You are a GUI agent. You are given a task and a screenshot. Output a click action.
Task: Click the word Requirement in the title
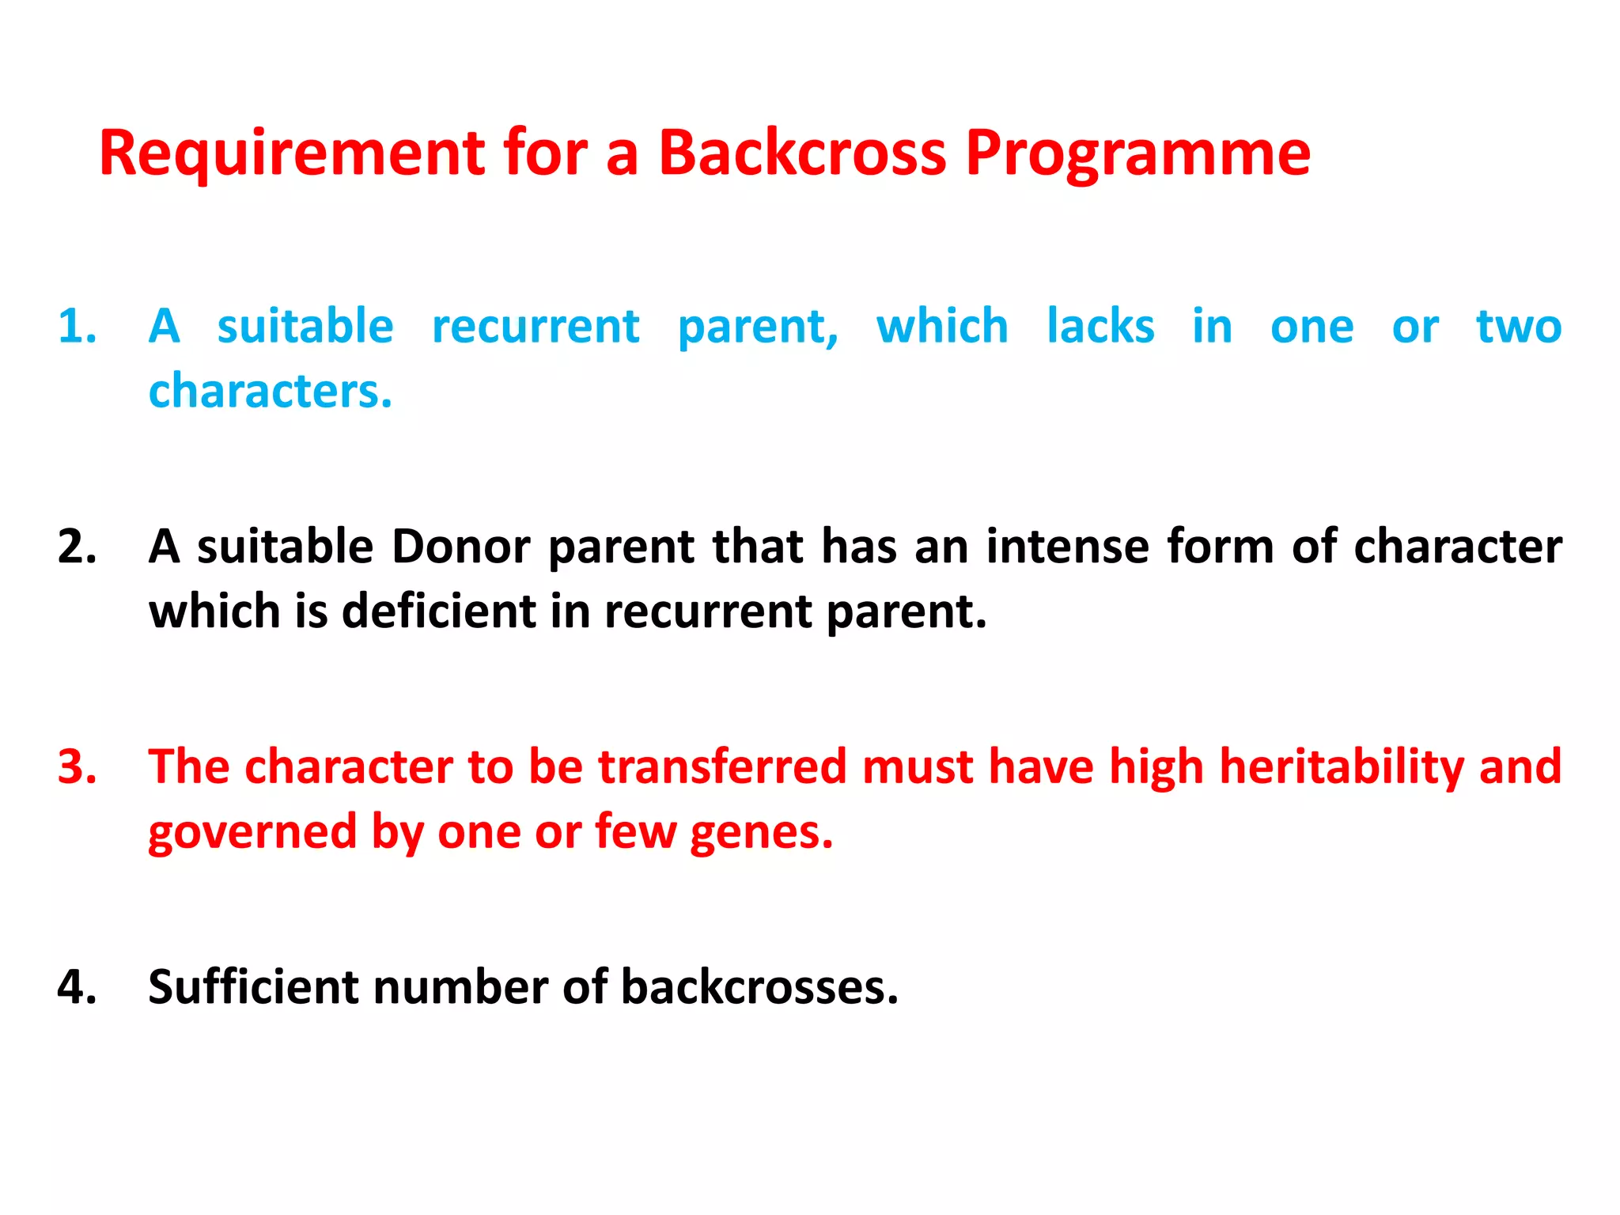pyautogui.click(x=291, y=153)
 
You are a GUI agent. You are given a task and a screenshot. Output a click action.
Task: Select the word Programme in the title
pyautogui.click(x=1137, y=155)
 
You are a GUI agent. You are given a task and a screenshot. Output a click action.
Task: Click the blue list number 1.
pyautogui.click(x=77, y=327)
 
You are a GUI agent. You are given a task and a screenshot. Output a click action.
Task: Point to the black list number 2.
pyautogui.click(x=77, y=547)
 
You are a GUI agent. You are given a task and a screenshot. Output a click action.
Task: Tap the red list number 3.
pyautogui.click(x=77, y=766)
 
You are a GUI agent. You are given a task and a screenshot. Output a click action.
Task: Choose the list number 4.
pyautogui.click(x=77, y=987)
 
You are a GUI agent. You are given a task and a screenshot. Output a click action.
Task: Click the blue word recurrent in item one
pyautogui.click(x=536, y=327)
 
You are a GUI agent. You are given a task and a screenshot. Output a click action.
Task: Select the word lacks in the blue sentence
pyautogui.click(x=1100, y=327)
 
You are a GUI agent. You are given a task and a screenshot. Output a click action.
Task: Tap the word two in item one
pyautogui.click(x=1519, y=327)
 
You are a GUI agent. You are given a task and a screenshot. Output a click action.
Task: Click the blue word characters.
pyautogui.click(x=270, y=392)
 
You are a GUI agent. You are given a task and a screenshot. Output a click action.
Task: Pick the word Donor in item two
pyautogui.click(x=460, y=547)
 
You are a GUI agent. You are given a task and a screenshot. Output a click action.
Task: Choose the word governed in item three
pyautogui.click(x=252, y=833)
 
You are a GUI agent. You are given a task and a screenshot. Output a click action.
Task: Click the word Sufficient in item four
pyautogui.click(x=252, y=987)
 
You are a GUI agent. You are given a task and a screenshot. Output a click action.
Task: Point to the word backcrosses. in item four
pyautogui.click(x=759, y=987)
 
